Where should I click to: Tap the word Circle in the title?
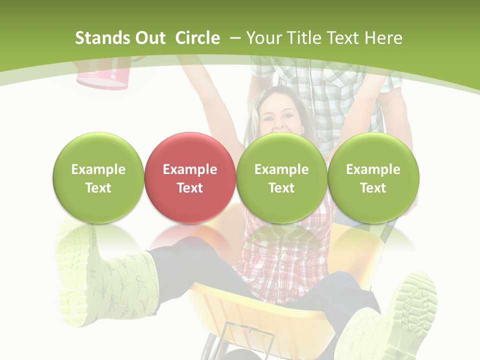(197, 38)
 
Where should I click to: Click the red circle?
(189, 177)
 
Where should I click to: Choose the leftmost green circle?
(98, 177)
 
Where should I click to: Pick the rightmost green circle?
(373, 177)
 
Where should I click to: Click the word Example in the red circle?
(189, 169)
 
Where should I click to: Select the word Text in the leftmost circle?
(98, 188)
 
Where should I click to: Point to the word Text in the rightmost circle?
(373, 188)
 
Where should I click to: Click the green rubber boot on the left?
(107, 280)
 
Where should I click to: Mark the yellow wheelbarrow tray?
(260, 305)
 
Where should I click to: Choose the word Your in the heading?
(262, 38)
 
